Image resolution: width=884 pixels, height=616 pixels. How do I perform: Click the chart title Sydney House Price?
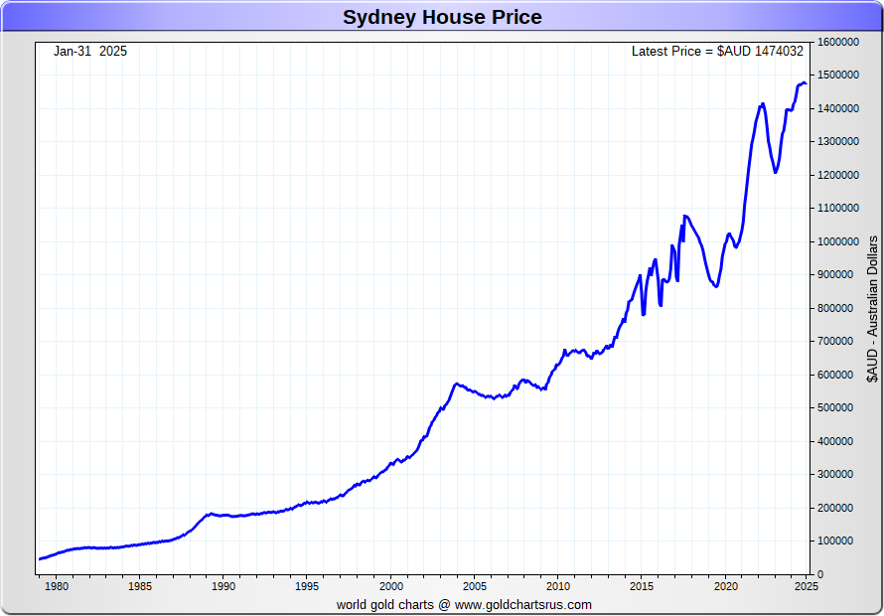point(442,17)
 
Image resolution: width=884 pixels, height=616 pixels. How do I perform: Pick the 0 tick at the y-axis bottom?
point(821,574)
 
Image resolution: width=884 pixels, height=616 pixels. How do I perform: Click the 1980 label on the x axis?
point(56,586)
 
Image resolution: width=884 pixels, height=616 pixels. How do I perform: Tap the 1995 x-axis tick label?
point(307,586)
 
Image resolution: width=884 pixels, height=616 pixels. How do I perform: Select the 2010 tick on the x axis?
point(558,586)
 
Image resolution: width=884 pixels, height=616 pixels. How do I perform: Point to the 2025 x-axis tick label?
point(806,586)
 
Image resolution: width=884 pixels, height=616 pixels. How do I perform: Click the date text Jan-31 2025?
point(90,51)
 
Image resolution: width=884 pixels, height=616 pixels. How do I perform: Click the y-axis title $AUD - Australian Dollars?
point(872,309)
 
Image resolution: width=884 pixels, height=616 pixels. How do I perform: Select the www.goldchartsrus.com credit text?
point(523,604)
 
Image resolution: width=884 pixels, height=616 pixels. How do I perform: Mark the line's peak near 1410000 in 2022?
point(762,103)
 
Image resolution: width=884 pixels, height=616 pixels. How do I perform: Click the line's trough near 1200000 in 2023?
point(776,173)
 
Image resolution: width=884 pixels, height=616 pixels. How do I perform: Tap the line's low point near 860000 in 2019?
point(715,287)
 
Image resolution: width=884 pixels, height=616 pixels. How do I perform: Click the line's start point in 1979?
point(40,558)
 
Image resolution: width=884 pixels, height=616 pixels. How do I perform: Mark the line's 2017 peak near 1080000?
point(684,216)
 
